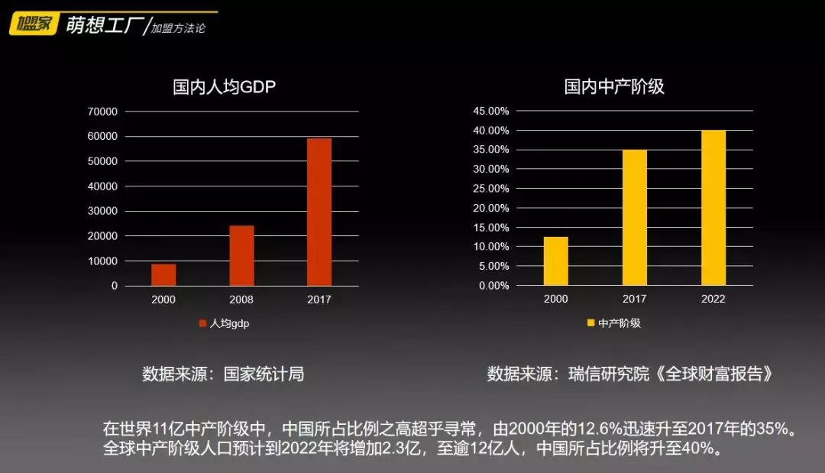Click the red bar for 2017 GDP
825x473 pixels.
[x=319, y=212]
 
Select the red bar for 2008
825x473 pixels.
[x=241, y=255]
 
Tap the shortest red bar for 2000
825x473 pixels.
[x=163, y=274]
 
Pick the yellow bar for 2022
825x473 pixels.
[x=713, y=208]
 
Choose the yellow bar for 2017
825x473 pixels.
[x=634, y=218]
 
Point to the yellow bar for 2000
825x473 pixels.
[x=555, y=261]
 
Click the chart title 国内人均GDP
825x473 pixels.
[x=224, y=86]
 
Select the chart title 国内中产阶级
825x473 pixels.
[x=614, y=86]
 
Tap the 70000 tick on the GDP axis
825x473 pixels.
[x=103, y=112]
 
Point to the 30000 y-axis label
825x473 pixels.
[x=103, y=211]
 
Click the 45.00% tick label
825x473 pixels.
[x=491, y=111]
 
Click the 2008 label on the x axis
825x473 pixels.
[x=241, y=300]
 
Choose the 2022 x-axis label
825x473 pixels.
[x=713, y=299]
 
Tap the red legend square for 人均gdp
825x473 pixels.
[x=203, y=323]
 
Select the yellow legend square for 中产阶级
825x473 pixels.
[x=590, y=323]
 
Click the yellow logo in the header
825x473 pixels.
[x=33, y=24]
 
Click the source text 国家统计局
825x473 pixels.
[x=264, y=374]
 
